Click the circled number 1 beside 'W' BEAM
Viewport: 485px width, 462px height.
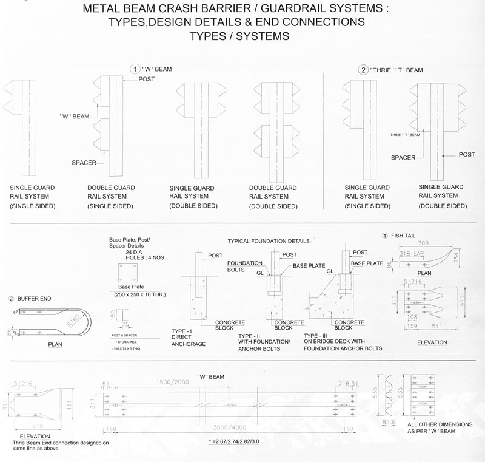[137, 69]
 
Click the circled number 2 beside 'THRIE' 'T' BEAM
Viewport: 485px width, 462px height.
[364, 70]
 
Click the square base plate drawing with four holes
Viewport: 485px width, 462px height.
[130, 268]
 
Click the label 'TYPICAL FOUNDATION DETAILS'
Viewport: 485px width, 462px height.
[267, 241]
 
